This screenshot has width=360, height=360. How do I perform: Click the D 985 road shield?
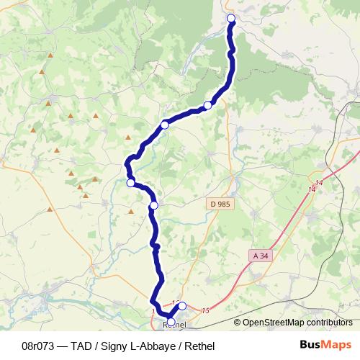click(221, 204)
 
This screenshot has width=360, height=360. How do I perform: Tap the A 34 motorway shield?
click(261, 255)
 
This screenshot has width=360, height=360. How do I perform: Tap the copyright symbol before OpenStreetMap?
click(237, 323)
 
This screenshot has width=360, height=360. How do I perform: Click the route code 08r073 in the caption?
click(40, 346)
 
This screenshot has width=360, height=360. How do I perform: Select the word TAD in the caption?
click(85, 346)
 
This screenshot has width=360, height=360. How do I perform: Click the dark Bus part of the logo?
click(311, 346)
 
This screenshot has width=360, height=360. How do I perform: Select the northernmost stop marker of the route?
click(231, 18)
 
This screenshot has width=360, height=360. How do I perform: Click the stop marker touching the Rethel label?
click(171, 322)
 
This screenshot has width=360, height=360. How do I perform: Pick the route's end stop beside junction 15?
click(182, 305)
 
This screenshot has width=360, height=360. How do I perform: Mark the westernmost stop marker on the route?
click(130, 183)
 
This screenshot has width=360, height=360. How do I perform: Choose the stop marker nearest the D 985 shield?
click(153, 205)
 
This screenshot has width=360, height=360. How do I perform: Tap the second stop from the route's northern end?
click(207, 105)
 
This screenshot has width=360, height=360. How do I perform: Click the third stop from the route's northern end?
click(165, 125)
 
